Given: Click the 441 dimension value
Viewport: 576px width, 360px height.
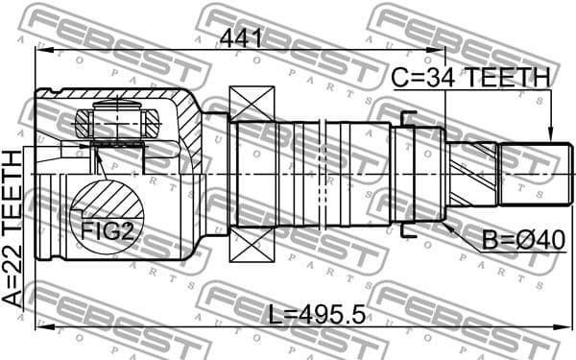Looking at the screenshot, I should point(241,37).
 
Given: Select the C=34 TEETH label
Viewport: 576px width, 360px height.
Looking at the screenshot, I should point(470,78).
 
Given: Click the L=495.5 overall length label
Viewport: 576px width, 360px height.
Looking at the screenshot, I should point(318,314).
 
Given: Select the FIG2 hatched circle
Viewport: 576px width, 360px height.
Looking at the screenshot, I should point(106,217).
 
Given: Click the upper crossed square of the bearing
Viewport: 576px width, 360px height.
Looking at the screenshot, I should point(252,103).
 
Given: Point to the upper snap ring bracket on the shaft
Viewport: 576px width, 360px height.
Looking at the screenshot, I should point(407,119).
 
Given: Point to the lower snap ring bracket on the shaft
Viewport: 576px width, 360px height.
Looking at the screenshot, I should point(407,230).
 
